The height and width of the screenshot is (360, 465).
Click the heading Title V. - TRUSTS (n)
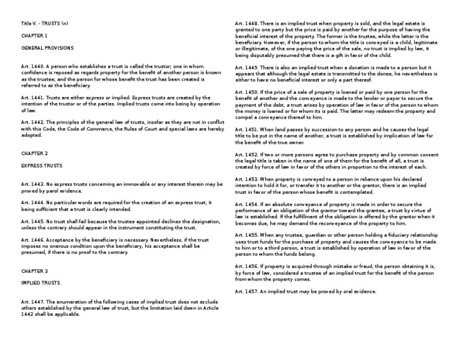click(x=45, y=24)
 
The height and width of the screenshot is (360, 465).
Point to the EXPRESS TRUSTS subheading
click(x=41, y=165)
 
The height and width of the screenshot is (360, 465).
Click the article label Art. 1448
click(x=246, y=24)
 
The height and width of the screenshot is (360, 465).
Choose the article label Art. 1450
click(x=246, y=91)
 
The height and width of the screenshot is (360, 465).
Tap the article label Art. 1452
click(x=246, y=155)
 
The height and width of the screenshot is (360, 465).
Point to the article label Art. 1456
click(x=246, y=265)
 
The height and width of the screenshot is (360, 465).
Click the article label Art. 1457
click(x=246, y=292)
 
